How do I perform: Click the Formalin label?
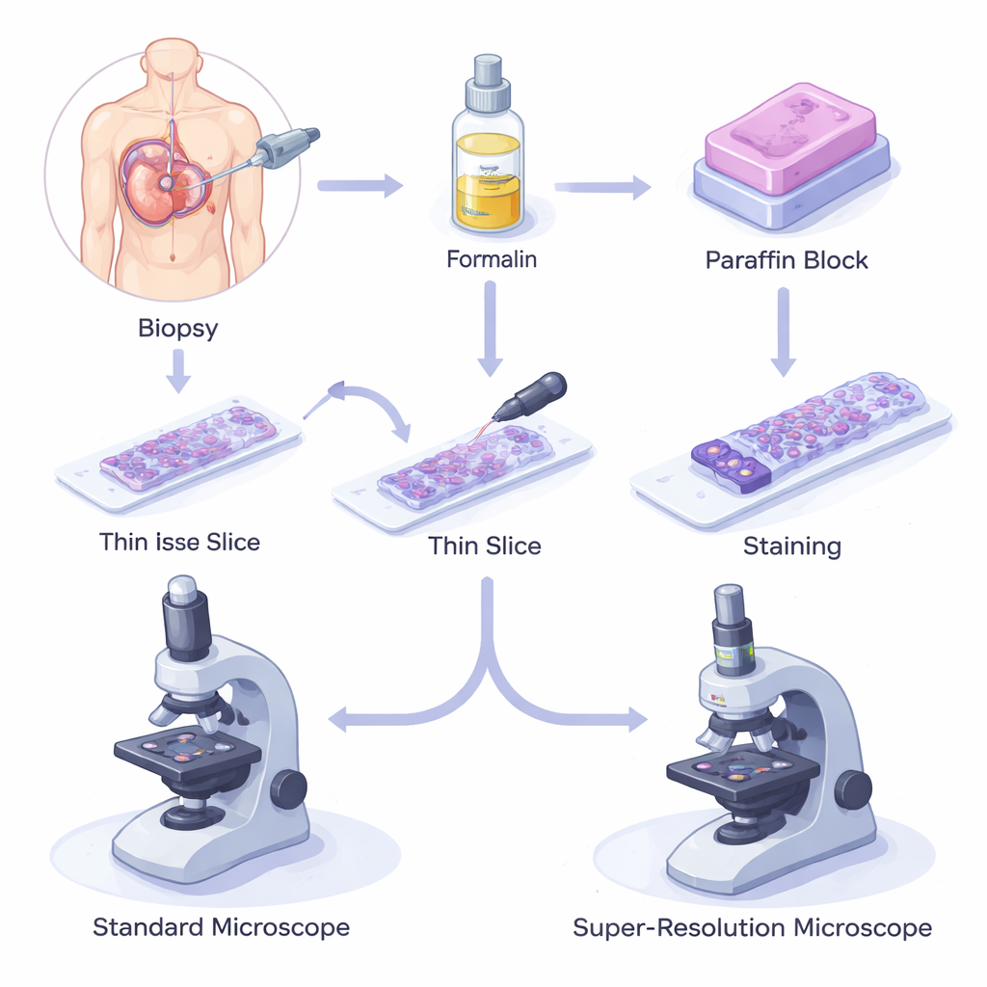point(491,260)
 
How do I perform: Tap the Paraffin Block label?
point(787,260)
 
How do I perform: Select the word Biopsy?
point(177,329)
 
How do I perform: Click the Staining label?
point(792,547)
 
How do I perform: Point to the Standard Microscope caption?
point(221,928)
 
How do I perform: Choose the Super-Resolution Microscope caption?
point(752,928)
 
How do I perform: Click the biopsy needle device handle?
point(286,148)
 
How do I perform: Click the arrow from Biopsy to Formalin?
point(360,185)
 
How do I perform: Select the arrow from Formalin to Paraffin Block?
point(602,187)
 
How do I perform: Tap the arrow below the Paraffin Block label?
point(784,333)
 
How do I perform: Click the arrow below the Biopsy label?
point(177,372)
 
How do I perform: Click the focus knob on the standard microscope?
point(288,789)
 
